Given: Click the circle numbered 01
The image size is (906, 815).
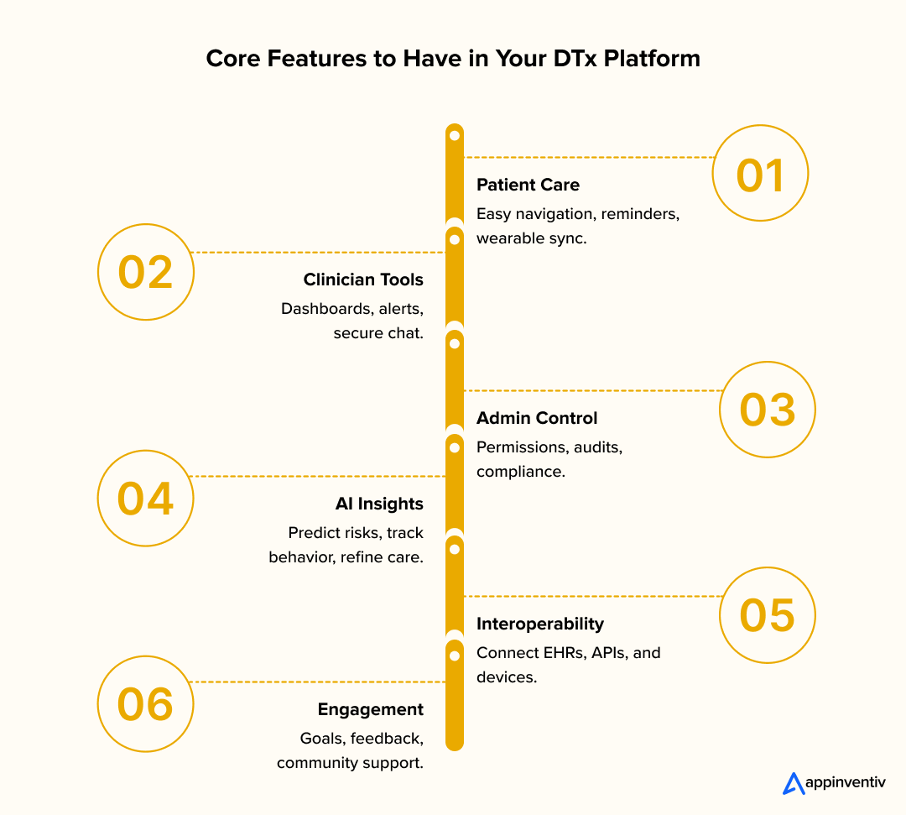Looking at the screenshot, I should coord(760,173).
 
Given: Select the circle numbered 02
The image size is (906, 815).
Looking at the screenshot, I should coord(146,272).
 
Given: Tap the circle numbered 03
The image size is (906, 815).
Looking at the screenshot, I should coord(768,409).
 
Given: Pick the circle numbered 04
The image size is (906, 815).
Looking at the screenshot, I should coord(146,498).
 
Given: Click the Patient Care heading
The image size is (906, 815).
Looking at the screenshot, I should coord(528,185).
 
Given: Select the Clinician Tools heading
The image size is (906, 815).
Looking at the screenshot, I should coord(363,280).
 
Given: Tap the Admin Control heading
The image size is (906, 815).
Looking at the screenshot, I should coord(537,418).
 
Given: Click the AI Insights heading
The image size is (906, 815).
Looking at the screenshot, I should coord(378,504).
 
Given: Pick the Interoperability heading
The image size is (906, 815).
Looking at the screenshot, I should coord(540,624).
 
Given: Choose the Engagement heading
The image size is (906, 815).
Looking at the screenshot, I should coord(370,709).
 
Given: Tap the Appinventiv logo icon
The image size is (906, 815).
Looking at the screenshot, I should coord(793,783).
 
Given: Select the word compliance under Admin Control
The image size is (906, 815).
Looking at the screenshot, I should coord(519,472).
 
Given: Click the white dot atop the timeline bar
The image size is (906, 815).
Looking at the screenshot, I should coord(454,135).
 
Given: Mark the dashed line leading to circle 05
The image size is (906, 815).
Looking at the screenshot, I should coord(591,596).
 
